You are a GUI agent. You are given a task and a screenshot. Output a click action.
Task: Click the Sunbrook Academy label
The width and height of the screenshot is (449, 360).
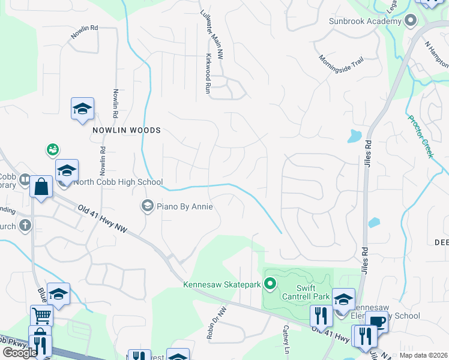(364, 22)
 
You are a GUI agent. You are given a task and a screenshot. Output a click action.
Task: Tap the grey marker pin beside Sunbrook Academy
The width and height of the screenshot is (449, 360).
(411, 21)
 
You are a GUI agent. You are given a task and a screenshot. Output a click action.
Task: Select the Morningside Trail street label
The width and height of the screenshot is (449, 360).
(342, 63)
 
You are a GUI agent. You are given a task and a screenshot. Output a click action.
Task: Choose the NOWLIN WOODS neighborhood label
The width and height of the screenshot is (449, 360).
(127, 130)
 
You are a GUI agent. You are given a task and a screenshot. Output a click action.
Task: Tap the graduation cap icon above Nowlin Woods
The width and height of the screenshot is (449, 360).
(82, 109)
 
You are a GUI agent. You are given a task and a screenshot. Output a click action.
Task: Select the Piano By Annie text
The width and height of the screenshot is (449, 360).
(185, 206)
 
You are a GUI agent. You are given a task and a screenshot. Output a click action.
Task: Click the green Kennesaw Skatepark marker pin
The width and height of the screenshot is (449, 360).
(270, 283)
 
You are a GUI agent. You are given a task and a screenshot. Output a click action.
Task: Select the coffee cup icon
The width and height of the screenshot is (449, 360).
(376, 321)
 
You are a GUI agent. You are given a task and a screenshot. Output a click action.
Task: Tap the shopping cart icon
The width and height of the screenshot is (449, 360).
(41, 315)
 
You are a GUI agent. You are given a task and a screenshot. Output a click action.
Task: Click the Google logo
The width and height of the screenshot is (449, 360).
(20, 352)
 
